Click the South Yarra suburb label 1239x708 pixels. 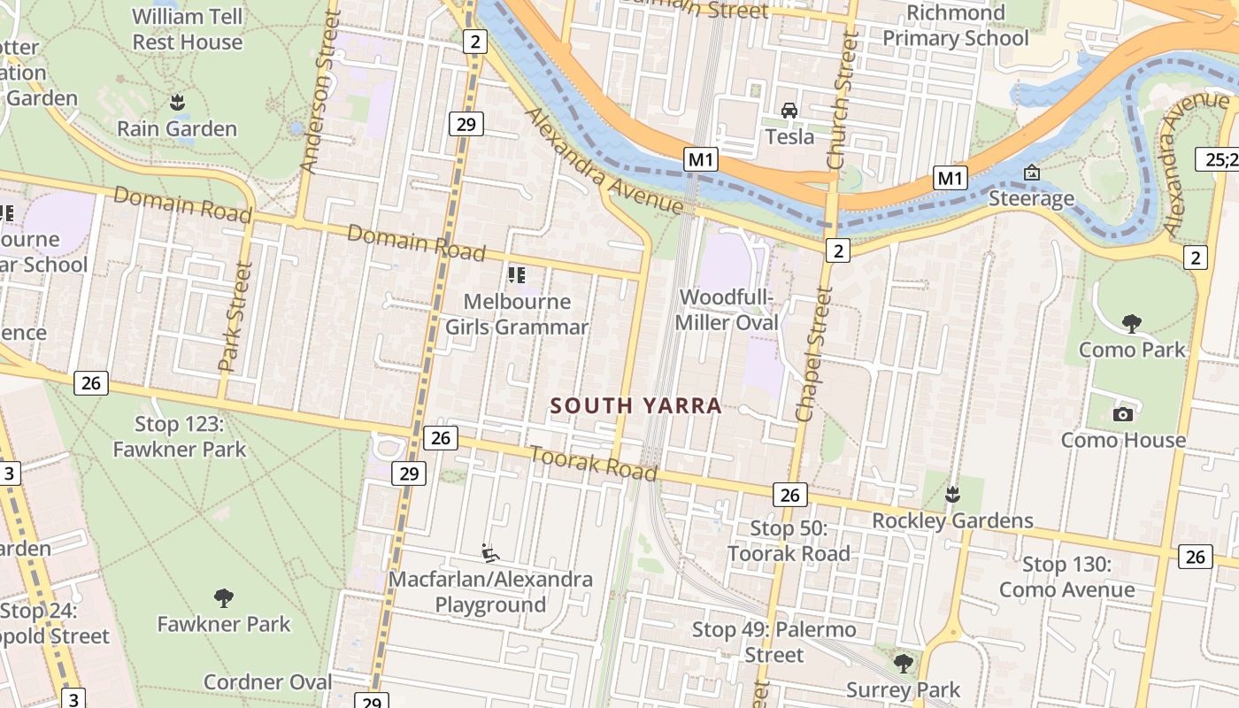point(636,406)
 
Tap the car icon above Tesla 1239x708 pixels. point(789,111)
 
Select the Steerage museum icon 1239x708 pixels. point(1030,173)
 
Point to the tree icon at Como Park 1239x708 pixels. point(1131,323)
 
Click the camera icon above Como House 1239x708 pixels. point(1123,413)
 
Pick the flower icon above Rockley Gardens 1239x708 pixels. point(952,494)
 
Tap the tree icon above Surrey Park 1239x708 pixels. point(903,663)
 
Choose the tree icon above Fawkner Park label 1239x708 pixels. point(224,598)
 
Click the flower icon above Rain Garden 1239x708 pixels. point(177,103)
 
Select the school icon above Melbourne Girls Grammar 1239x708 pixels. point(516,275)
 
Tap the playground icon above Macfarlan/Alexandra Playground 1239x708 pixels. point(489,553)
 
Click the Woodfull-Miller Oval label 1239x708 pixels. point(727,310)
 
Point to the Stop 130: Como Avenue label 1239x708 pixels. point(1066,577)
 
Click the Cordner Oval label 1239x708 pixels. point(267,681)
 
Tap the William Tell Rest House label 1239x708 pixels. point(187,29)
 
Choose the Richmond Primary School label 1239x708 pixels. point(956,26)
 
